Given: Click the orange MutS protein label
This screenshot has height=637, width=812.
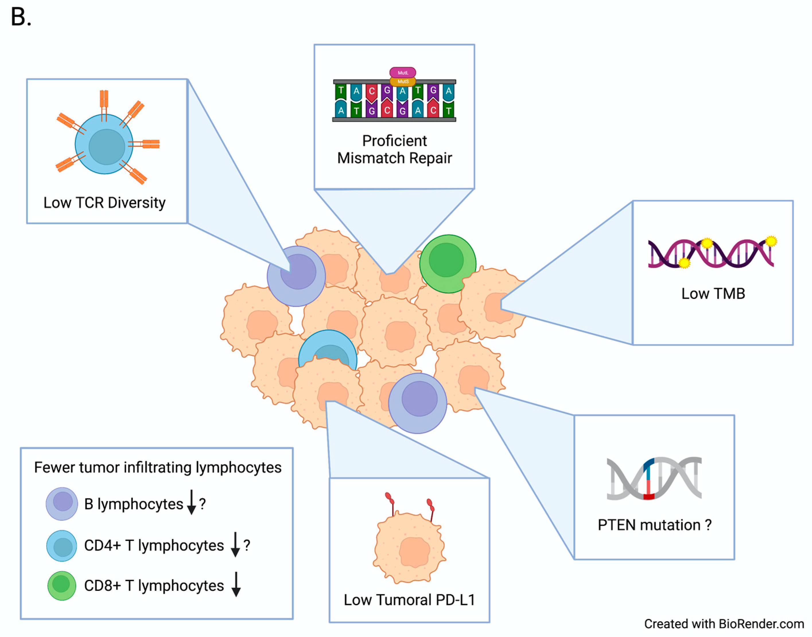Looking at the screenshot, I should point(403,81).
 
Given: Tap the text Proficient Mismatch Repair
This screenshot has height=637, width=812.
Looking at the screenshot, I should point(394,149).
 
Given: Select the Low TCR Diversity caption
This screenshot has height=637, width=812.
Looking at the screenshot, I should point(104,203).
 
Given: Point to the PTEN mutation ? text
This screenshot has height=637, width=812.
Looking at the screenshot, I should point(654,525).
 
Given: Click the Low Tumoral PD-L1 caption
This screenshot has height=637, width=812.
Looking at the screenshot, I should point(409,600).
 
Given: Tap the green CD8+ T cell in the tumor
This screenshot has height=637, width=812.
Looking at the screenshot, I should point(447,263).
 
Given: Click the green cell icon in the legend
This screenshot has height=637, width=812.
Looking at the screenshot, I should point(61,586).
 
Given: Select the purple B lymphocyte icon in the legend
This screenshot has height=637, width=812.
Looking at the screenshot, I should point(62,504).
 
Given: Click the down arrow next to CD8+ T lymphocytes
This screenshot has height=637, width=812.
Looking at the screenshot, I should point(236,584).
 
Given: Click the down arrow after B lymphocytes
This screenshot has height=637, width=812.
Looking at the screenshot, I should point(191,502).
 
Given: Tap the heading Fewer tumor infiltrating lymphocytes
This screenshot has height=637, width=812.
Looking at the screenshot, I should point(158,467).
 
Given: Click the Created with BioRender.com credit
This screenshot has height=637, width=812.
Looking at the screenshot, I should point(724,624).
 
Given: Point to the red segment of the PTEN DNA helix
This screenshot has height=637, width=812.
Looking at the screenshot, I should point(649,496).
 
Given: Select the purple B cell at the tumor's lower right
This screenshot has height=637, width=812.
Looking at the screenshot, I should point(417,403).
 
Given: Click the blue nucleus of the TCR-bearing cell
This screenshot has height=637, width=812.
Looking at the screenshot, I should point(107,147).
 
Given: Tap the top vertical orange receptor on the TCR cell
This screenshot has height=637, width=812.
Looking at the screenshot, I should point(104,100).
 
